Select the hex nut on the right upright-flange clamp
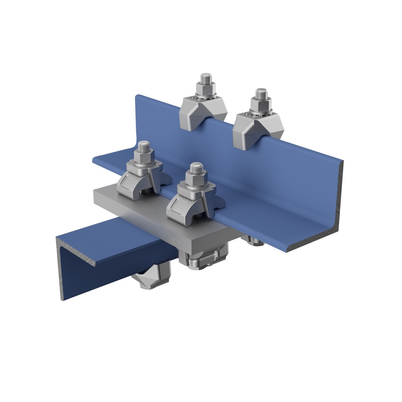pyautogui.click(x=260, y=105)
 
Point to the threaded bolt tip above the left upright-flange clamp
pyautogui.click(x=206, y=77)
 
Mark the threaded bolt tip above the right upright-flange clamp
pyautogui.click(x=261, y=93)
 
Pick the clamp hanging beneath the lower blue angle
pyautogui.click(x=153, y=275)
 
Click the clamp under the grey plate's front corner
pyautogui.click(x=204, y=259)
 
